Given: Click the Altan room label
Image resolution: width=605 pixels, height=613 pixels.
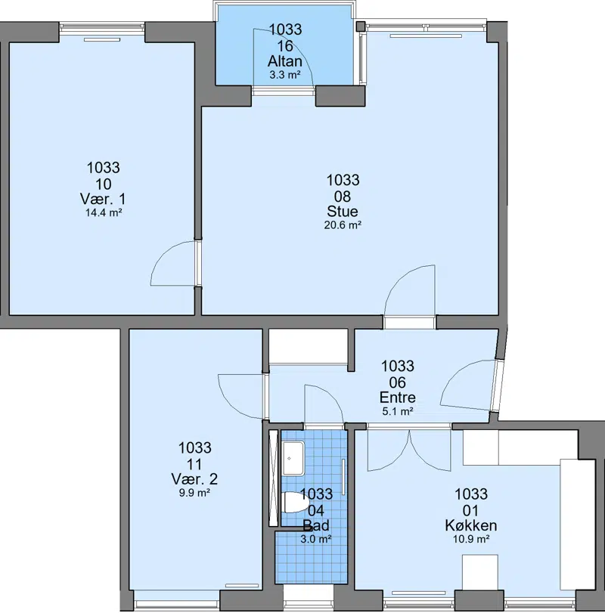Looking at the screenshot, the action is pyautogui.click(x=284, y=61).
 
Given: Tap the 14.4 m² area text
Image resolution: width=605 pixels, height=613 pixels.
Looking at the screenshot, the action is pyautogui.click(x=104, y=213).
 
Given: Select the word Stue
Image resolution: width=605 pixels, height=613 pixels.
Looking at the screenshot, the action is pyautogui.click(x=342, y=212).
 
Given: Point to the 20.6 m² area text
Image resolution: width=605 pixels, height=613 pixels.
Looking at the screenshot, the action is pyautogui.click(x=342, y=225).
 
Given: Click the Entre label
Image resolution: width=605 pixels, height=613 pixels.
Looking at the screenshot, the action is pyautogui.click(x=397, y=398).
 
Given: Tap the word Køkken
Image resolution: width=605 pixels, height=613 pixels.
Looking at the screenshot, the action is pyautogui.click(x=471, y=525).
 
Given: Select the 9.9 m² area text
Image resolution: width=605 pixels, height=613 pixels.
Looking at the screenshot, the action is pyautogui.click(x=195, y=493).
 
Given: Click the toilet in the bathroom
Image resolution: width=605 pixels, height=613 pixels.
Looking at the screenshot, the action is pyautogui.click(x=294, y=503).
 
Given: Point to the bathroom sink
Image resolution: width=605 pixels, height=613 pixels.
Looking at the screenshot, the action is pyautogui.click(x=293, y=458).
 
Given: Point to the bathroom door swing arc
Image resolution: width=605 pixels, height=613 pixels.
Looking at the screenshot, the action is pyautogui.click(x=330, y=394).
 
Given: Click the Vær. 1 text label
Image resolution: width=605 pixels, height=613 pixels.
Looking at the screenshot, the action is pyautogui.click(x=103, y=200).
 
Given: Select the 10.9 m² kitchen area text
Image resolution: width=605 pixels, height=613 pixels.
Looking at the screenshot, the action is pyautogui.click(x=471, y=540).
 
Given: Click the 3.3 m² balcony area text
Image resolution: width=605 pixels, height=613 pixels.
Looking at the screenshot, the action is pyautogui.click(x=284, y=75).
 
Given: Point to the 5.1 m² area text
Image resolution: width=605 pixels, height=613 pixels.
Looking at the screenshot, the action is pyautogui.click(x=397, y=411).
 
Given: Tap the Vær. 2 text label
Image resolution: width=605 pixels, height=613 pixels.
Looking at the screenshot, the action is pyautogui.click(x=194, y=479).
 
